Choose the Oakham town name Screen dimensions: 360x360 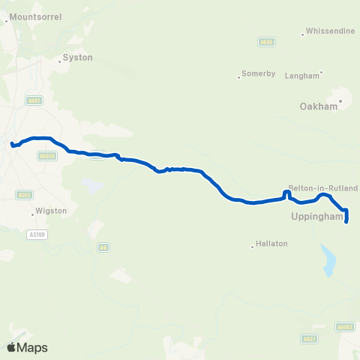pos(319,106)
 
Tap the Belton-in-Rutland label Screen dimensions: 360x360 pos(323,188)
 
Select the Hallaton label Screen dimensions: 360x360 pos(271,244)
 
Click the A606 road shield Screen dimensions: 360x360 pos(266,43)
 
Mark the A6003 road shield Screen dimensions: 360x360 pos(345,326)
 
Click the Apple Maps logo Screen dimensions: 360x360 pos(27,347)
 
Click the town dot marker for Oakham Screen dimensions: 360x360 pos(341,100)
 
